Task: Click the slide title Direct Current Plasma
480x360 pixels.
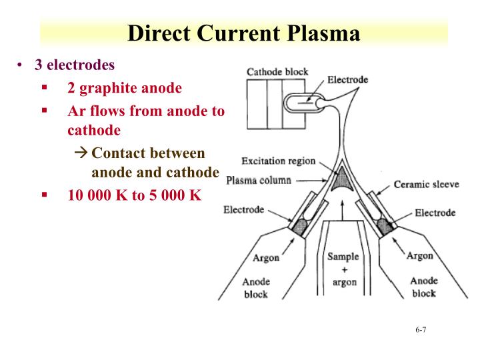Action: (244, 33)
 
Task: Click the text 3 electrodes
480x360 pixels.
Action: (75, 65)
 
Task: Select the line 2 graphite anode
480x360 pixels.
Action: (124, 88)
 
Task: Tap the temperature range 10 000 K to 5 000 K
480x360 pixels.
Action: (134, 196)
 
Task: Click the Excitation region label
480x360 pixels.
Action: (278, 161)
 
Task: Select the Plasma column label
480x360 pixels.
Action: (259, 180)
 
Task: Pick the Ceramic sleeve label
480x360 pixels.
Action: (426, 184)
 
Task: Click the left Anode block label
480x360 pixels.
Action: (255, 287)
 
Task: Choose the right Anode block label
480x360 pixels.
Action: (423, 287)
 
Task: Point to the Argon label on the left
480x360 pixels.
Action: (266, 258)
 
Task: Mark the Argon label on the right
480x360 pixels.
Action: (419, 255)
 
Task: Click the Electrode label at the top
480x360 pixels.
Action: (348, 79)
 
